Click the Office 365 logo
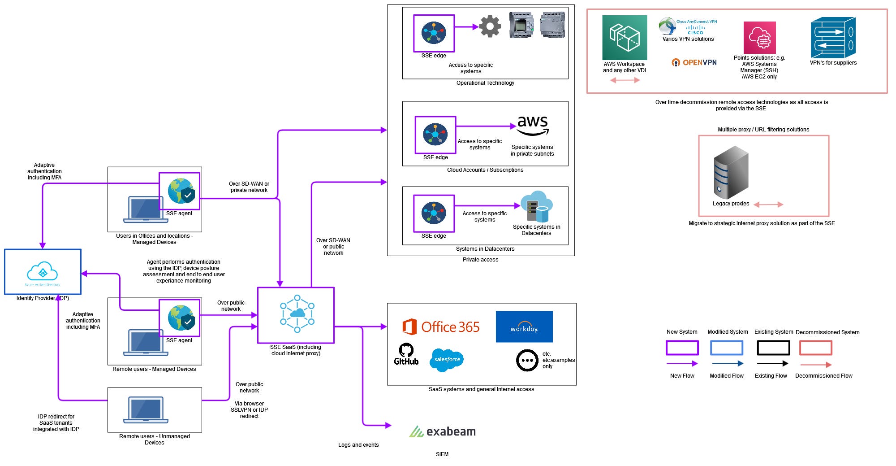(x=441, y=327)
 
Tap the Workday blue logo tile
(x=524, y=327)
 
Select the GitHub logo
(x=406, y=354)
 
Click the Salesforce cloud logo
(x=447, y=360)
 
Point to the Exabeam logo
(x=442, y=431)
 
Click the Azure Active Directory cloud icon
(x=43, y=272)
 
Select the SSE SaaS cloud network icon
(x=297, y=314)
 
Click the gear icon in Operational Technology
(x=490, y=26)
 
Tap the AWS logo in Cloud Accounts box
(x=532, y=125)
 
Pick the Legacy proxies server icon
(x=731, y=173)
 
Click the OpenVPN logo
(x=694, y=62)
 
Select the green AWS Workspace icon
(x=624, y=38)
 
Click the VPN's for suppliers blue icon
(x=833, y=38)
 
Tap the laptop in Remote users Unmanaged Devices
(x=146, y=409)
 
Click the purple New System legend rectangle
(x=682, y=348)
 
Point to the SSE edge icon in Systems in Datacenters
(x=434, y=213)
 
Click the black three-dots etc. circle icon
(x=527, y=360)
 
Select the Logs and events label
(x=358, y=445)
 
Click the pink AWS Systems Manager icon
(x=759, y=38)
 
